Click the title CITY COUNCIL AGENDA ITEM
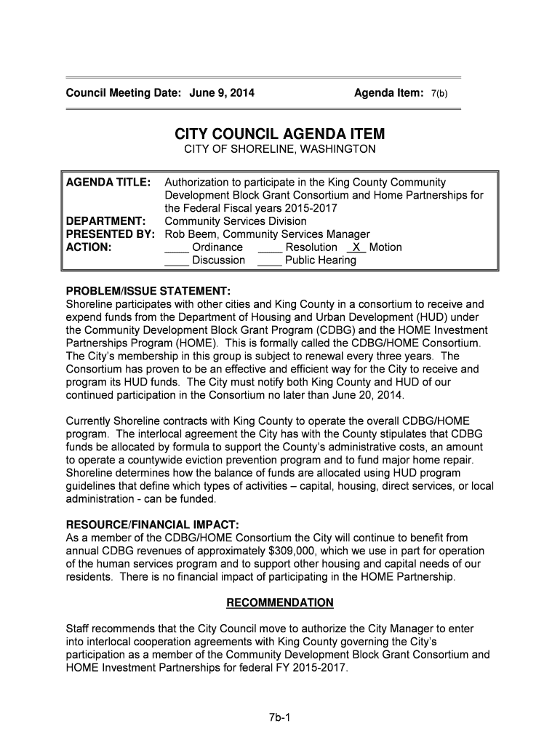pos(279,135)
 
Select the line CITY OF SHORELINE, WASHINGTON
pos(279,149)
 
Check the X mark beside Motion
pos(356,247)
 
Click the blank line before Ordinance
pos(177,248)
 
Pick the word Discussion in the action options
pos(218,260)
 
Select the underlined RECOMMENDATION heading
pos(280,603)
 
